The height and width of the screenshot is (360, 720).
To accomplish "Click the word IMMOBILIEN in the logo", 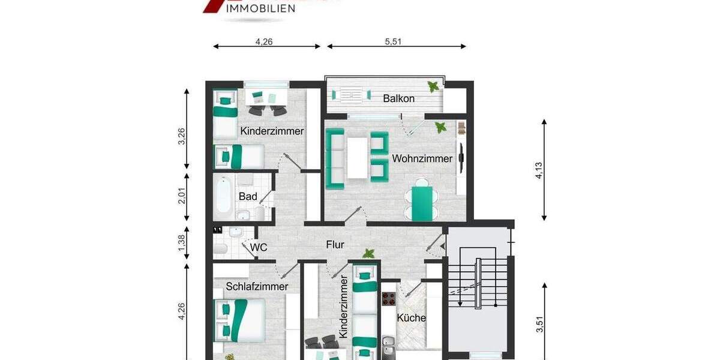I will [x=260, y=8].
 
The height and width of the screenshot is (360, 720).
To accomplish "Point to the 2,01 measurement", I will [x=182, y=196].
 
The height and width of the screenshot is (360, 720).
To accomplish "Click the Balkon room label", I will [x=398, y=98].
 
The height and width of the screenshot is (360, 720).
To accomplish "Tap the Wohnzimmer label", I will [x=422, y=159].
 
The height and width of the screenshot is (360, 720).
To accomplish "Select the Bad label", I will [x=248, y=196].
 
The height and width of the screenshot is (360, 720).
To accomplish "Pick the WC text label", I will [x=258, y=246].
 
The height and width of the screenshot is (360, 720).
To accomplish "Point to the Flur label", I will [x=335, y=244].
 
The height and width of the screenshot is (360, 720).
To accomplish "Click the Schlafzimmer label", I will [x=257, y=287].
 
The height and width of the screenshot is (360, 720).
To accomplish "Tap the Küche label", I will [x=412, y=318].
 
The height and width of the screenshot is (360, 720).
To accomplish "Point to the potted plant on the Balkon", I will [x=433, y=87].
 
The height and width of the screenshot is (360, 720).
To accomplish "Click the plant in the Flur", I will [x=368, y=254].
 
